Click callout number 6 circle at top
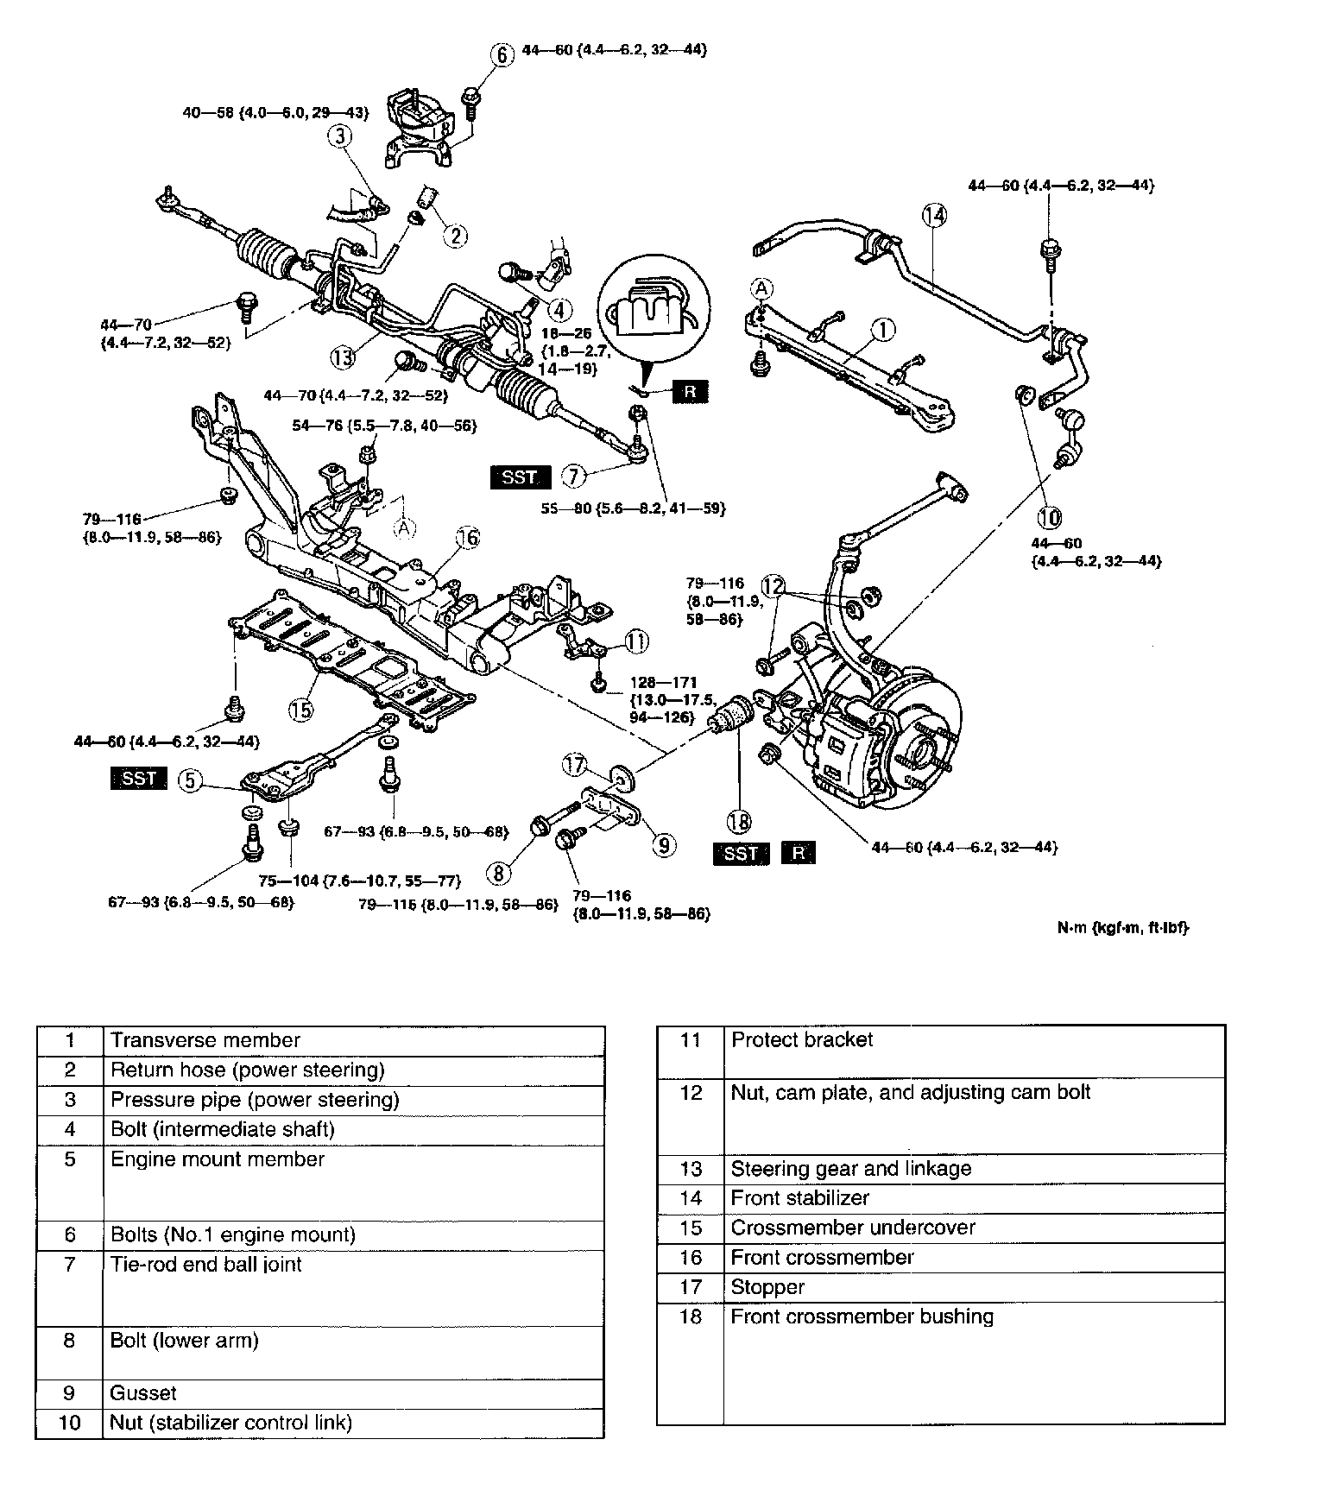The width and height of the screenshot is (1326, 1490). [502, 54]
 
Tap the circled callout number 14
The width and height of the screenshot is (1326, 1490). [934, 215]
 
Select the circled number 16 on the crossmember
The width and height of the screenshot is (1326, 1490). [467, 539]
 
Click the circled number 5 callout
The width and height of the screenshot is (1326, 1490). [191, 780]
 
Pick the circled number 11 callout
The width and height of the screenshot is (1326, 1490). [636, 641]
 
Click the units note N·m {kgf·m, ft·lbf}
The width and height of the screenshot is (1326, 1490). [1122, 928]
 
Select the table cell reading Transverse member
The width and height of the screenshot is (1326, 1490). [205, 1040]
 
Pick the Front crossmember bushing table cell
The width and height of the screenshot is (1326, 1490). [862, 1316]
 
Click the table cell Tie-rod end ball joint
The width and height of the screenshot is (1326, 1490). [206, 1265]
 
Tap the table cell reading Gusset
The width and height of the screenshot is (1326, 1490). [143, 1392]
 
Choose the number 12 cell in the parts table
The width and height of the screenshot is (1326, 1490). [690, 1092]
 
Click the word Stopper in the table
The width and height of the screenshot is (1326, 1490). [767, 1287]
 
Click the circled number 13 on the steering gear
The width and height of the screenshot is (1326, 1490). [343, 357]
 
